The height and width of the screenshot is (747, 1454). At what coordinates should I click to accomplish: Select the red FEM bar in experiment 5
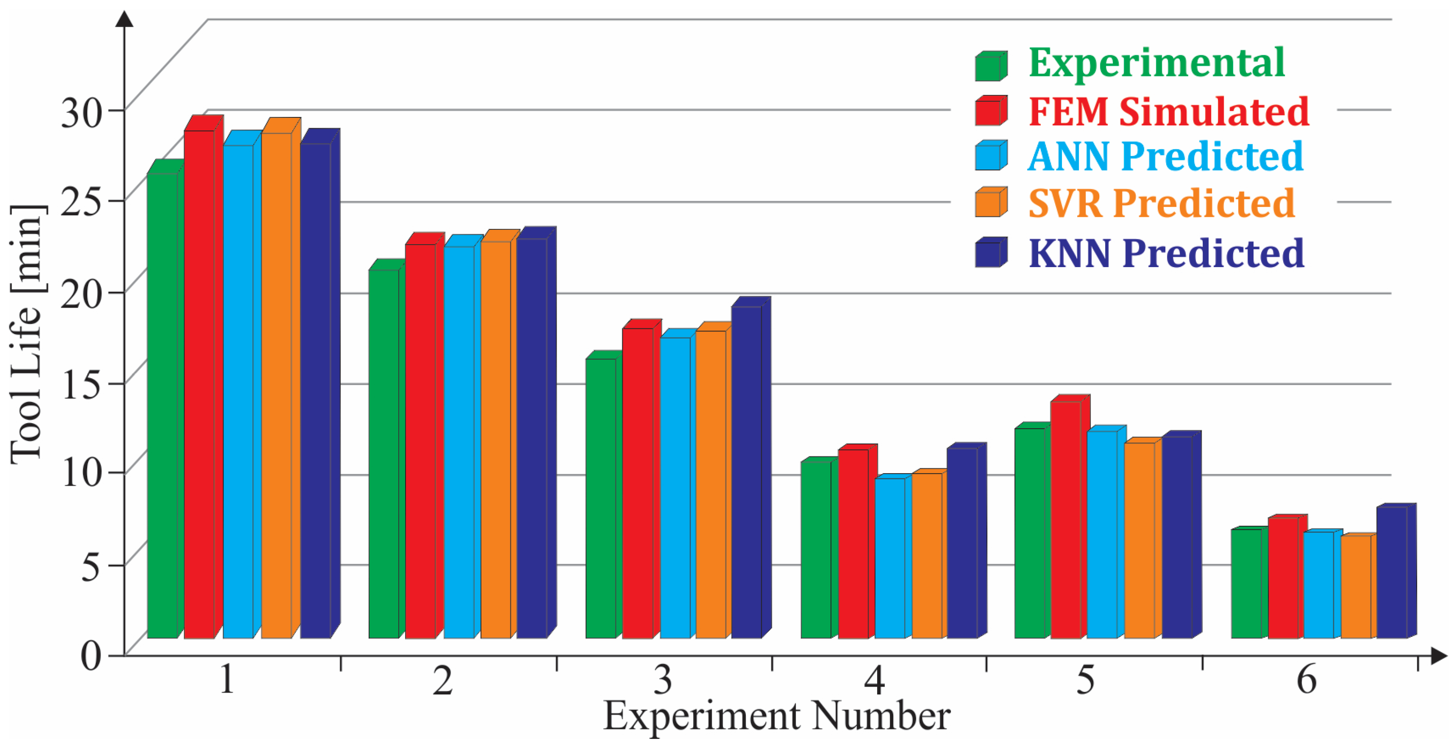coord(1065,519)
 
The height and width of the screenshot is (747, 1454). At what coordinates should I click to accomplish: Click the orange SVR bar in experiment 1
coord(276,384)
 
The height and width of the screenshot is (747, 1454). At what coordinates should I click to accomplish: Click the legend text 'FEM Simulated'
coord(1169,111)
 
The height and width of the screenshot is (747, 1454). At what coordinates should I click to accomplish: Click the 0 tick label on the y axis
coord(91,656)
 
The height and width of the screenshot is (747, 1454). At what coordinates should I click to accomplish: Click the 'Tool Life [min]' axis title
coord(27,333)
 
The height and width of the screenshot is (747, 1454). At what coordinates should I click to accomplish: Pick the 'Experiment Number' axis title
coord(776,716)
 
